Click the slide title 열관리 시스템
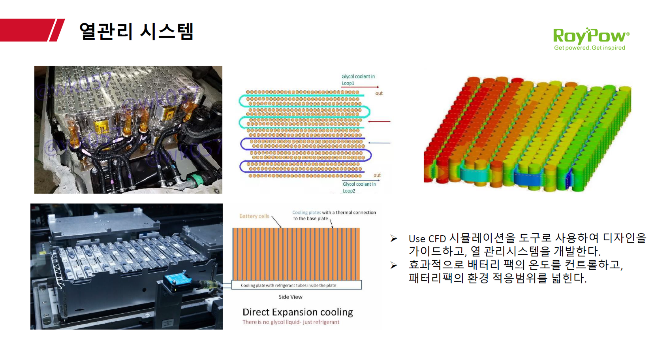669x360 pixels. point(136,32)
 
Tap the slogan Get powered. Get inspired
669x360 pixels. point(589,48)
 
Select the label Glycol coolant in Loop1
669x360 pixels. point(358,80)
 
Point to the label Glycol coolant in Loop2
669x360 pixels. point(359,187)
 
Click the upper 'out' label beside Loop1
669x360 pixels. point(379,94)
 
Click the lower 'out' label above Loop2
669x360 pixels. point(377,175)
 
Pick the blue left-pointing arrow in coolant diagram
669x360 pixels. point(379,143)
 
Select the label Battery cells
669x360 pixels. point(254,216)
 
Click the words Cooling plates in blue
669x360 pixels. point(306,213)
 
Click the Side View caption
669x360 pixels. point(290,297)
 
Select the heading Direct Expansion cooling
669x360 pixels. point(298,312)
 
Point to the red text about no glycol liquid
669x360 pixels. point(291,322)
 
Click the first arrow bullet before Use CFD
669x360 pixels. point(394,238)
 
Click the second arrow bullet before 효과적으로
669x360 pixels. point(394,265)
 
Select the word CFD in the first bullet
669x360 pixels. point(437,239)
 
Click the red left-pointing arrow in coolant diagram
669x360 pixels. point(379,121)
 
